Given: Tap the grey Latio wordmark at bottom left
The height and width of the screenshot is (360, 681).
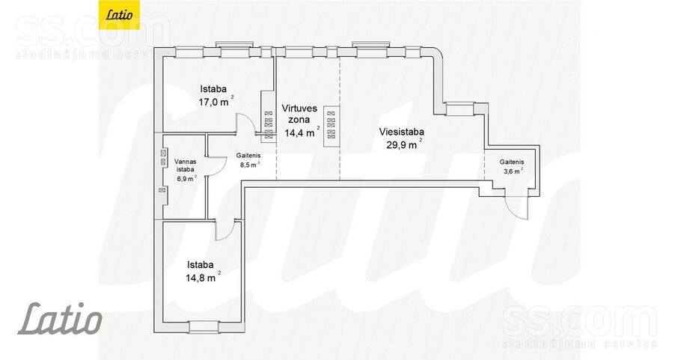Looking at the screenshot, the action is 60,319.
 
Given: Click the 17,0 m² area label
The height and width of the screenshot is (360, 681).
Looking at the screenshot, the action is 216,103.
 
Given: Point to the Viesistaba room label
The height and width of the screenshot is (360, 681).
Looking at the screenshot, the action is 402,132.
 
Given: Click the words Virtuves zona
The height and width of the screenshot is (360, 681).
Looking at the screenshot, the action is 299,114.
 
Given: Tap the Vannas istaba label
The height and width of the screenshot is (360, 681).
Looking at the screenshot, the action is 186,165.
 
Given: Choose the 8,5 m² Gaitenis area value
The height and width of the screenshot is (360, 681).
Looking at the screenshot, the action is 250,165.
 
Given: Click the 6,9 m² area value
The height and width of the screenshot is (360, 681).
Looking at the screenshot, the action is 186,178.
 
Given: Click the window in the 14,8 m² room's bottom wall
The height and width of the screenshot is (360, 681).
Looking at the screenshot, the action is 204,326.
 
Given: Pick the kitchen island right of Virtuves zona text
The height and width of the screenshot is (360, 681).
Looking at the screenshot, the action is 331,123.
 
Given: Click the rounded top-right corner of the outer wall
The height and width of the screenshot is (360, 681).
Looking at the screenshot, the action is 436,52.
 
